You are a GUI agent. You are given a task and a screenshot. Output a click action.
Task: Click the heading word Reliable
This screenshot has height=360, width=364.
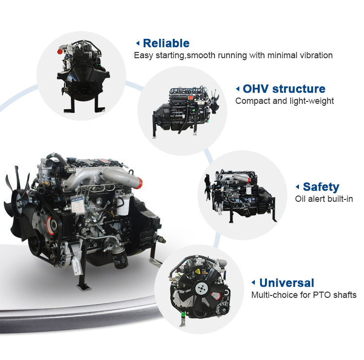coord(166,43)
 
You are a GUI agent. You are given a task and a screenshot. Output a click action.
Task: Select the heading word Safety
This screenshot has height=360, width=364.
coord(321,187)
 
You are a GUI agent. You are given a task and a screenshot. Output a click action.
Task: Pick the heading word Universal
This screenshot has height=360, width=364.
coord(287,283)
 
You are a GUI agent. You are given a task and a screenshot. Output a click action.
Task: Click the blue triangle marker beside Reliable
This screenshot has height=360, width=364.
coord(137,43)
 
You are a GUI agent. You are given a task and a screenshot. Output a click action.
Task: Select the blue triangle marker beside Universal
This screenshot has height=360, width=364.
coord(253,282)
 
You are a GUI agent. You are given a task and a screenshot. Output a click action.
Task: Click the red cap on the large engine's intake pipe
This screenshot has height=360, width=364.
coord(139,182)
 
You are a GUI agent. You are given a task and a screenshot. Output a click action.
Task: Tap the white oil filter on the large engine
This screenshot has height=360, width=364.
coord(123,206)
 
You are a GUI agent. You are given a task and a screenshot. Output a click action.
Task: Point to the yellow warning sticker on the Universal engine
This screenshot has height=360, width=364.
coord(198,271)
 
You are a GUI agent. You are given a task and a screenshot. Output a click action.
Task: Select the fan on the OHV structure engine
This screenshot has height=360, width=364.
coord(214,102)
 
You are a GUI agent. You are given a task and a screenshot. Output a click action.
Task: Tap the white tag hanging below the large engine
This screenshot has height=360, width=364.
coord(78,266)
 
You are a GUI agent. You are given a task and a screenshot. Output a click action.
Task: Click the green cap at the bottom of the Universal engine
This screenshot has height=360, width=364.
coord(183,314)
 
